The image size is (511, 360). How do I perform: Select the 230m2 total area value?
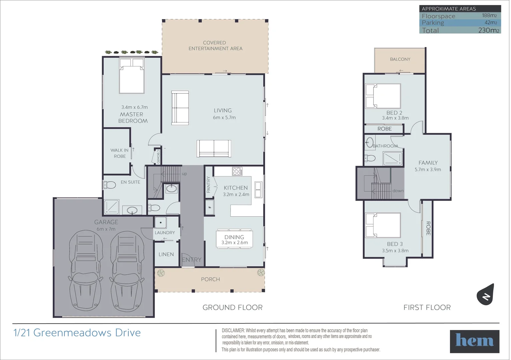pyautogui.click(x=489, y=30)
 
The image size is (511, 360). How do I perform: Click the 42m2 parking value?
pyautogui.click(x=491, y=23)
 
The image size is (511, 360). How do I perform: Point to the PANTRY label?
pyautogui.click(x=208, y=185)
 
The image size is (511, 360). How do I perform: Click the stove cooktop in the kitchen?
pyautogui.click(x=237, y=171)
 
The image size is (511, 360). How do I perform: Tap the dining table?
pyautogui.click(x=234, y=239)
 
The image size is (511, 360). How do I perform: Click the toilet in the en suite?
pyautogui.click(x=109, y=185)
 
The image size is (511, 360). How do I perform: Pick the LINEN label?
pyautogui.click(x=166, y=254)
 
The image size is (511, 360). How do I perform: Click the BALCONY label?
pyautogui.click(x=400, y=59)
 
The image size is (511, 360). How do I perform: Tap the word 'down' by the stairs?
pyautogui.click(x=398, y=191)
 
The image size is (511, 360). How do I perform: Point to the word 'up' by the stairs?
pyautogui.click(x=184, y=174)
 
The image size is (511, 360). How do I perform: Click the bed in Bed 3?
pyautogui.click(x=383, y=225)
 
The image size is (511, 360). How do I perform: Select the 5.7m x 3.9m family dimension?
pyautogui.click(x=428, y=170)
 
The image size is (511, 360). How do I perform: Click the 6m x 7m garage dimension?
pyautogui.click(x=106, y=229)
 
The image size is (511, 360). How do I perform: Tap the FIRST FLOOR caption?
pyautogui.click(x=427, y=307)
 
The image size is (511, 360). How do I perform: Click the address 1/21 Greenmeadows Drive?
pyautogui.click(x=77, y=333)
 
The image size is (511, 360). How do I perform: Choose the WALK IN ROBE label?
pyautogui.click(x=120, y=153)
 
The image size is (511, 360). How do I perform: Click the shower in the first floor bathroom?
pyautogui.click(x=393, y=158)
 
